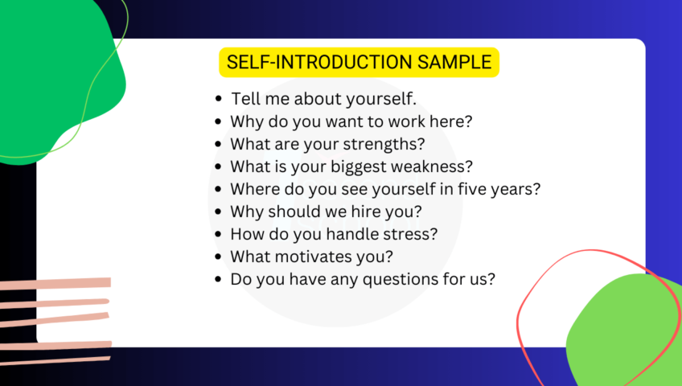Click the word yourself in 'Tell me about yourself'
pyautogui.click(x=381, y=99)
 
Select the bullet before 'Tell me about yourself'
pyautogui.click(x=220, y=99)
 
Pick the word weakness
pyautogui.click(x=435, y=166)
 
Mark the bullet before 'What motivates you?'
pyautogui.click(x=219, y=257)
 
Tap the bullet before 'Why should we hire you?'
pyautogui.click(x=219, y=212)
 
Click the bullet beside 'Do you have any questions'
pyautogui.click(x=219, y=280)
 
